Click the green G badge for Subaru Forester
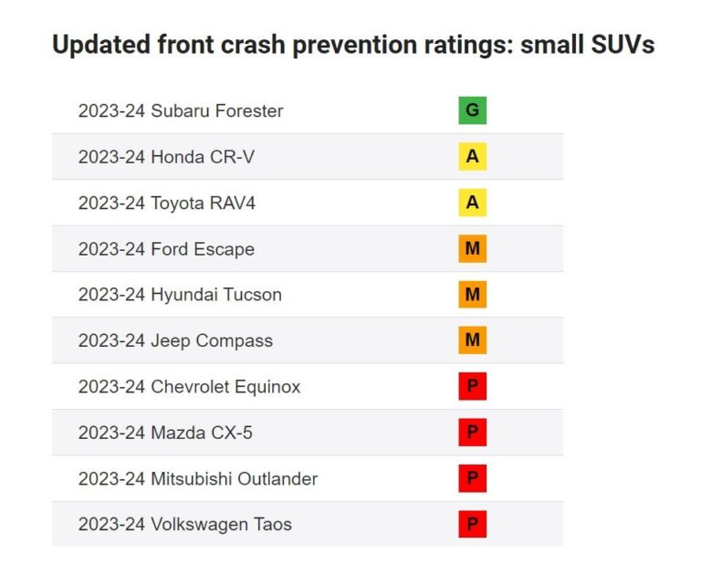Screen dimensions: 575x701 click(x=472, y=110)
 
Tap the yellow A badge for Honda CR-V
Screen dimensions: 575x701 click(x=472, y=157)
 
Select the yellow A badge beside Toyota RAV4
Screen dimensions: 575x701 click(x=472, y=203)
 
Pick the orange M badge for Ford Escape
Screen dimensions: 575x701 click(x=472, y=248)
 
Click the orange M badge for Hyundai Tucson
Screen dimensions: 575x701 click(x=472, y=295)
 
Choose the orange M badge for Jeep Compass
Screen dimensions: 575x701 click(x=472, y=340)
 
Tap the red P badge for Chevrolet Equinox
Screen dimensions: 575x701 click(x=472, y=386)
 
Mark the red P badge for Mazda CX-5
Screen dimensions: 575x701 click(x=472, y=433)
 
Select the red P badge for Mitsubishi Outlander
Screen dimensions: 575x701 click(x=472, y=478)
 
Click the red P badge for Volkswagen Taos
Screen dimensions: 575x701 click(x=472, y=524)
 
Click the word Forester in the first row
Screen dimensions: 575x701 click(x=248, y=111)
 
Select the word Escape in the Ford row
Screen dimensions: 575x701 click(x=225, y=249)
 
